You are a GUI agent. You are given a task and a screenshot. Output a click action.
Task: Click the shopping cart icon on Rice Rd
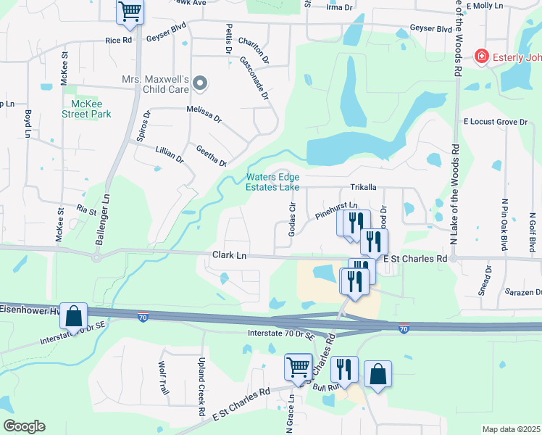click(x=130, y=12)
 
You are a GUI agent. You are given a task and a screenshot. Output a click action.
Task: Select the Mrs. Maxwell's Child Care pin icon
click(x=201, y=84)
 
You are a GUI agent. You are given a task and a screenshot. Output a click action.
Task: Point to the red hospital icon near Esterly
click(x=480, y=57)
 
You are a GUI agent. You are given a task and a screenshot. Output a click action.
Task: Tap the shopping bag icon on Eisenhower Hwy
click(x=73, y=316)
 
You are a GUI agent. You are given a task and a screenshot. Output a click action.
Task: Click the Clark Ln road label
click(x=230, y=256)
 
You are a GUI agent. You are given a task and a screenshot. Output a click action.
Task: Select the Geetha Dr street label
click(x=212, y=155)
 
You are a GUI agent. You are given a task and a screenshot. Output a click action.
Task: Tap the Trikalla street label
click(x=364, y=186)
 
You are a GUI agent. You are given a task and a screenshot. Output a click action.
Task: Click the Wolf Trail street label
click(x=164, y=378)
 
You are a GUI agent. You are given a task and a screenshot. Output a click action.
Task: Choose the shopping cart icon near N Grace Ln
click(x=298, y=367)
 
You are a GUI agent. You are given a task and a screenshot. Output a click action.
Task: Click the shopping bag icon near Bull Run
click(x=378, y=374)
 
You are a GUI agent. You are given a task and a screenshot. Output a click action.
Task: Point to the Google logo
click(x=24, y=426)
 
